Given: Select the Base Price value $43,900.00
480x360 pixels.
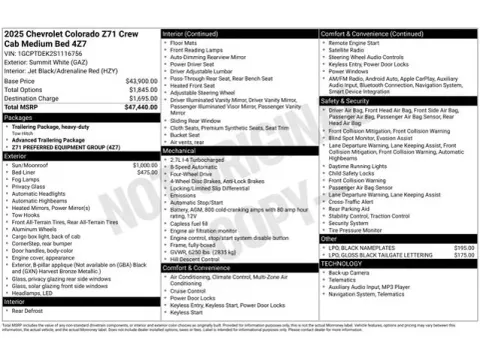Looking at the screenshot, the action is coord(141,80).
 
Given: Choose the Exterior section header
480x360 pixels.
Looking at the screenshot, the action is coord(15,156).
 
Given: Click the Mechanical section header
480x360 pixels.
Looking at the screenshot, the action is coord(183,150).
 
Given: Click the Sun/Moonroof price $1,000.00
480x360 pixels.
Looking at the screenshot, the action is coord(145,165).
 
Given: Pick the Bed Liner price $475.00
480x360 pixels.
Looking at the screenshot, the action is coord(147,172).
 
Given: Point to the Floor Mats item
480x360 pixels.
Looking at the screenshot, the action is coord(184,44).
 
